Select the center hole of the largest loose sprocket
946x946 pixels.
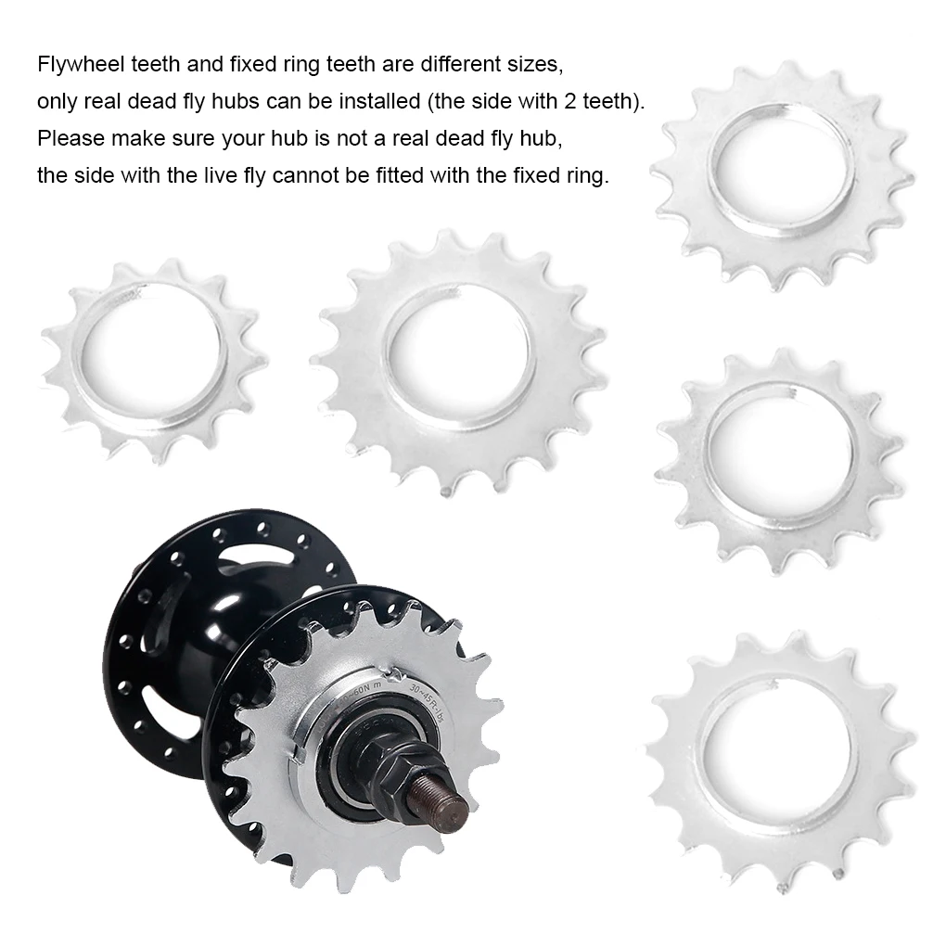458,353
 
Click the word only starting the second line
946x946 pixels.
53,101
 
